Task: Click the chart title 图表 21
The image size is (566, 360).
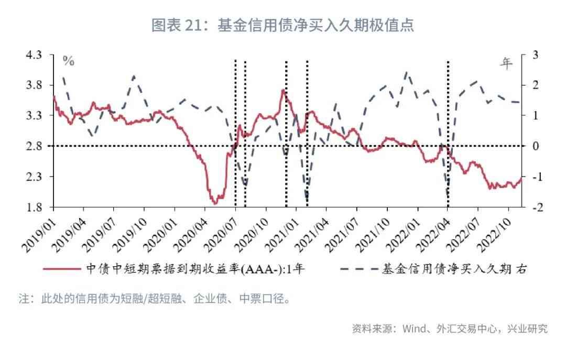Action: point(282,25)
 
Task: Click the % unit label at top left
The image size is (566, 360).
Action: point(69,61)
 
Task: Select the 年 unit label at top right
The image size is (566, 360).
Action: point(506,63)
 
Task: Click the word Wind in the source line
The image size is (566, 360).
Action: point(415,329)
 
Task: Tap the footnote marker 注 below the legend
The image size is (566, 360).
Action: point(24,300)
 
